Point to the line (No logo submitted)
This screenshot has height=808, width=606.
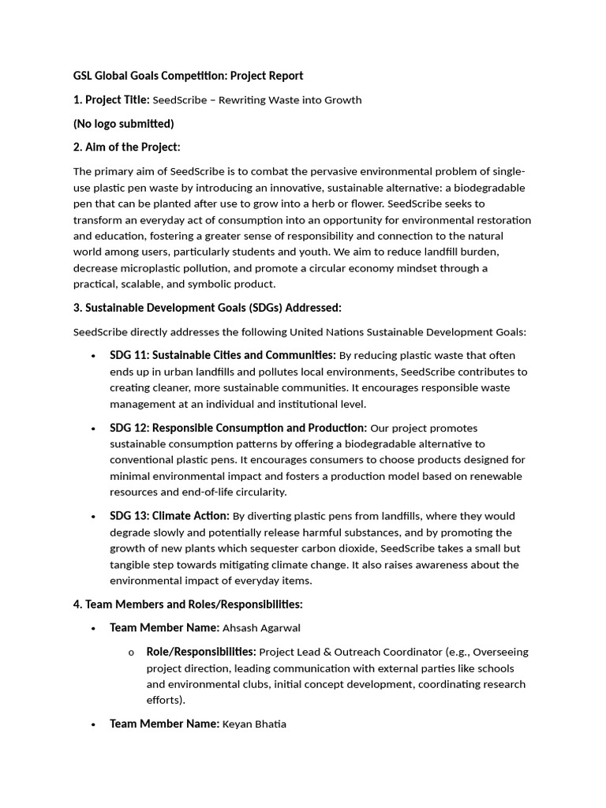[x=123, y=123]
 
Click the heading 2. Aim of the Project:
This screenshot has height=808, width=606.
[x=126, y=147]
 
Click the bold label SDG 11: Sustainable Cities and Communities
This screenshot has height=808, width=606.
[x=223, y=355]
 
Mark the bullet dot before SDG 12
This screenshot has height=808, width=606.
[x=94, y=428]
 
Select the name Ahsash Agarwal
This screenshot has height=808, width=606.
[x=261, y=628]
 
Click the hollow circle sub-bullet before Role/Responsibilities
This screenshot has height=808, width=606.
[x=130, y=653]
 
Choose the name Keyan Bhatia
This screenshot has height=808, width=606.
[x=254, y=724]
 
